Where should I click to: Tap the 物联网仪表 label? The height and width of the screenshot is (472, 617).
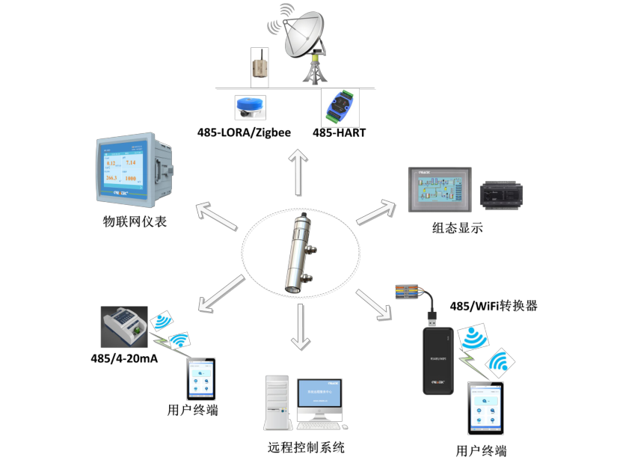pos(135,221)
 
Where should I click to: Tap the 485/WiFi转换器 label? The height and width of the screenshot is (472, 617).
pos(494,306)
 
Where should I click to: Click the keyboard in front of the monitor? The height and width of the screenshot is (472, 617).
pos(322,427)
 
